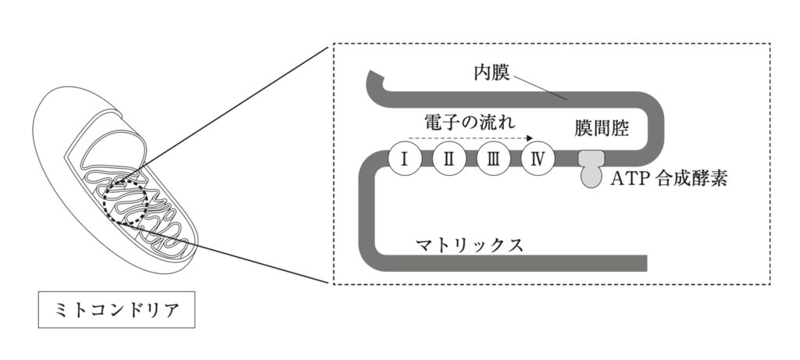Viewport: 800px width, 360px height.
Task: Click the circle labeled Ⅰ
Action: [x=405, y=158]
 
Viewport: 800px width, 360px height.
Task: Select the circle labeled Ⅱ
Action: [x=449, y=158]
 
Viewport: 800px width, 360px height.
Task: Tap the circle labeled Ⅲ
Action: [x=494, y=158]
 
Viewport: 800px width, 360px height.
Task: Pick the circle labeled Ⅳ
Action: [x=538, y=158]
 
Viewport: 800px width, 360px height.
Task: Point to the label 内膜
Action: [x=491, y=74]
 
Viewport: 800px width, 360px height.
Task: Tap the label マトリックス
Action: [x=469, y=244]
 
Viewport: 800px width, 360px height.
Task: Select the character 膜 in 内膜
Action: [x=501, y=74]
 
